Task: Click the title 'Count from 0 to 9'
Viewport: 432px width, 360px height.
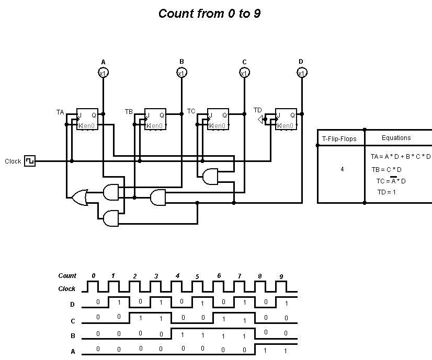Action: (x=209, y=14)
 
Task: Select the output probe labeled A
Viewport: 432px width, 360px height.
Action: (x=103, y=73)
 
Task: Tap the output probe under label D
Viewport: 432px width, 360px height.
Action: (x=301, y=73)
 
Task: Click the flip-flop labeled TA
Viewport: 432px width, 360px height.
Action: (x=87, y=120)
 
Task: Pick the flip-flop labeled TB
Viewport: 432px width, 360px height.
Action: (x=155, y=120)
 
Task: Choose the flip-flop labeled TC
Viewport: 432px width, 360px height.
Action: (x=218, y=120)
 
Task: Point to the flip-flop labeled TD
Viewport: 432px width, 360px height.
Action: (x=286, y=120)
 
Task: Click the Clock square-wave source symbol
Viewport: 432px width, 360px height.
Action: (x=30, y=161)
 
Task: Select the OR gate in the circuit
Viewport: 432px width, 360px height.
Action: (x=79, y=198)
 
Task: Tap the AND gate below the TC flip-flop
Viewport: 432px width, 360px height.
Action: (x=210, y=177)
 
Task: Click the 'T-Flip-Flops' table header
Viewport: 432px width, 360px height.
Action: (x=340, y=138)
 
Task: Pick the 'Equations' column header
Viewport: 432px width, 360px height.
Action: (x=396, y=138)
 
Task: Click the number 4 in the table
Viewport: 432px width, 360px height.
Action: (x=342, y=169)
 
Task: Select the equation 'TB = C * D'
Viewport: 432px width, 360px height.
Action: (x=386, y=169)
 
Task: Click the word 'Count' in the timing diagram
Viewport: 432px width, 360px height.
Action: (x=67, y=275)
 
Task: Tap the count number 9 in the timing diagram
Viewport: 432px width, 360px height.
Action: (x=281, y=276)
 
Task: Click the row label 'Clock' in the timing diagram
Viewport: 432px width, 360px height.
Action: (x=66, y=288)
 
